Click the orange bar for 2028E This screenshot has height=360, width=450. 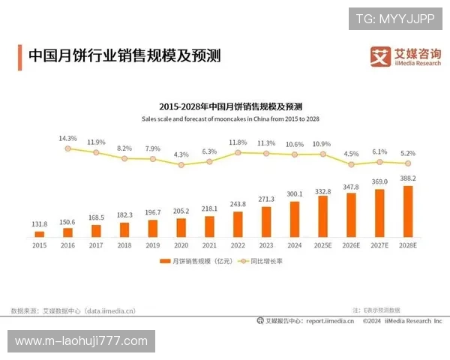[x=407, y=211]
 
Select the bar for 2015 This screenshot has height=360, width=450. [x=40, y=232]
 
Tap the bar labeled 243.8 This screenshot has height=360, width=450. [x=238, y=223]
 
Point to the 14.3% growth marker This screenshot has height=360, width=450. [x=67, y=148]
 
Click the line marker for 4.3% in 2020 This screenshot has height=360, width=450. [x=181, y=164]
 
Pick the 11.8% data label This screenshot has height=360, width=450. [x=238, y=142]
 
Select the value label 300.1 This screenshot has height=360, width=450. [x=295, y=193]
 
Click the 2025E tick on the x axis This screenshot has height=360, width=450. [x=323, y=244]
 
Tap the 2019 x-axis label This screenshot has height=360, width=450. [x=153, y=244]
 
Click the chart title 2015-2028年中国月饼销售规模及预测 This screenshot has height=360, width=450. [x=230, y=106]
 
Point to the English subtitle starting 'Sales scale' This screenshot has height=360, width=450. [x=230, y=119]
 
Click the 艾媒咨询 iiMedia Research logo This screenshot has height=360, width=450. [x=406, y=56]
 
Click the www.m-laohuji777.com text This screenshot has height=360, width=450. [x=81, y=341]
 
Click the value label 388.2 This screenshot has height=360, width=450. [x=407, y=178]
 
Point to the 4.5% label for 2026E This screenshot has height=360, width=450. [x=351, y=154]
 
